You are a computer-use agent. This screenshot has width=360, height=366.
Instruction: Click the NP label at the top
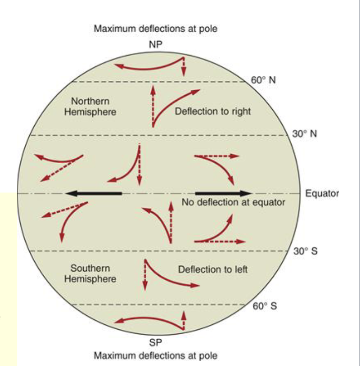[155, 45]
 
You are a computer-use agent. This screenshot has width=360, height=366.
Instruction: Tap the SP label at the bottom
[156, 342]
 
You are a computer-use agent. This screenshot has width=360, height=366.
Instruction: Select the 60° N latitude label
[263, 81]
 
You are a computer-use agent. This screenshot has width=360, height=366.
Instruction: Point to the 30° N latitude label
[304, 134]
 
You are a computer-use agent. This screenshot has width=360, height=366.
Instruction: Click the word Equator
[322, 193]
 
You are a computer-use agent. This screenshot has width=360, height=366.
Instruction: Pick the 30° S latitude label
[305, 251]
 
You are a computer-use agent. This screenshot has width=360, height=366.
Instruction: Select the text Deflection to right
[213, 111]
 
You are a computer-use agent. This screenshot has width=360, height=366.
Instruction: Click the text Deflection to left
[213, 269]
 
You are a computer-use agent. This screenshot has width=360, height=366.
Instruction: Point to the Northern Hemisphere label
[90, 107]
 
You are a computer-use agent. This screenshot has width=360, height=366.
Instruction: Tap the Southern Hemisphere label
[90, 274]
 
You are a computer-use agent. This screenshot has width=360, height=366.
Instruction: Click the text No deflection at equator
[234, 202]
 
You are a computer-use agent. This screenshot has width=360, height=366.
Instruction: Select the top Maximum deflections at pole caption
[155, 29]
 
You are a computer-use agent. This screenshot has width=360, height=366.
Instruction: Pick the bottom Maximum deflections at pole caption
[155, 356]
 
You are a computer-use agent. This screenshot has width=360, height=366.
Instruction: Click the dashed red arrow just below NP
[183, 67]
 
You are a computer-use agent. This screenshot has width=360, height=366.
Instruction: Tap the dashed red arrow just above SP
[183, 320]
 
